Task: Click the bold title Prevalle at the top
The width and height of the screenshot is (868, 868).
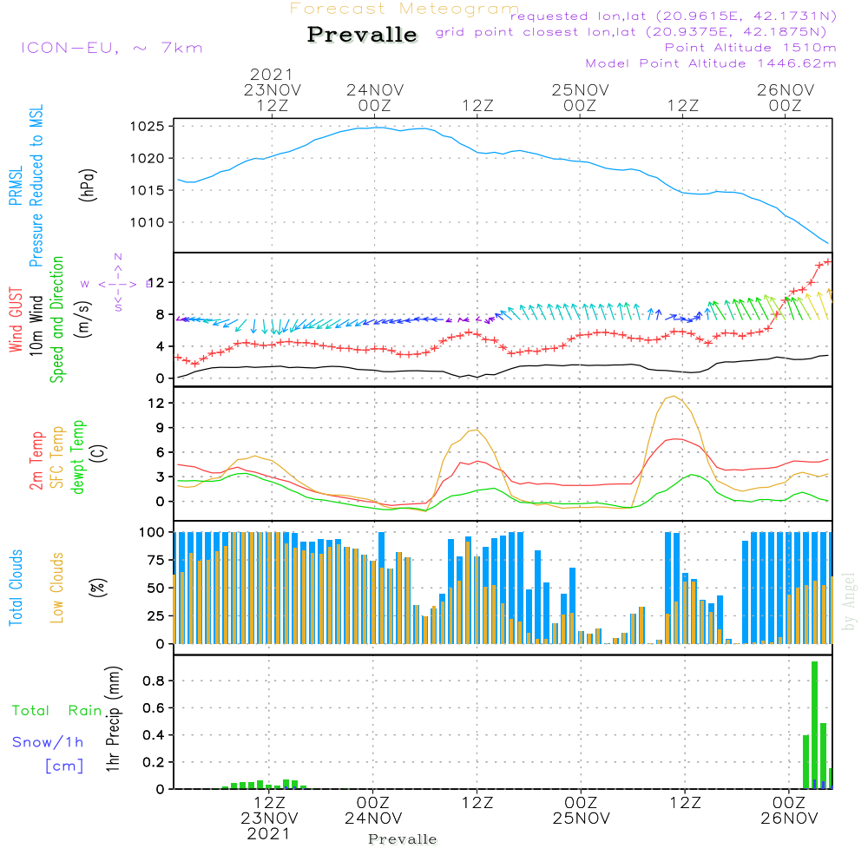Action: point(362,35)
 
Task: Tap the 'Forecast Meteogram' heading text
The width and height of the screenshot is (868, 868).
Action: point(404,9)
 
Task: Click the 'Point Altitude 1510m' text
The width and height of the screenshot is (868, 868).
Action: point(750,48)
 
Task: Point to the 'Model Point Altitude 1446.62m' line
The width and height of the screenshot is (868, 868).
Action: point(710,63)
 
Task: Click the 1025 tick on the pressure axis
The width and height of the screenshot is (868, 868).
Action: point(149,127)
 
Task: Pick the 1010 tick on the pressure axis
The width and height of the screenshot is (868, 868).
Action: point(149,223)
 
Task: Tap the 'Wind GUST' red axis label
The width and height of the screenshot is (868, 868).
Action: point(16,319)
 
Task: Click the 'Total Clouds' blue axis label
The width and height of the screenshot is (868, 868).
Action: point(16,588)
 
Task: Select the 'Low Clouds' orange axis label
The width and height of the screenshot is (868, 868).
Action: point(58,588)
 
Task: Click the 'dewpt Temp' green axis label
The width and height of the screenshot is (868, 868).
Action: point(79,457)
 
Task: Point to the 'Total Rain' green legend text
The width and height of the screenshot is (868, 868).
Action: point(57,711)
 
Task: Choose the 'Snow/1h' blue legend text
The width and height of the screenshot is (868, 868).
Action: point(49,742)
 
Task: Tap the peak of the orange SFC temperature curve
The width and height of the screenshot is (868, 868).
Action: point(672,397)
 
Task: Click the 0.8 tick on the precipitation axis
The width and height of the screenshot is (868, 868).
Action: point(154,681)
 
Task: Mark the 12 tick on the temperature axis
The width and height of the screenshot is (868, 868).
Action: point(157,404)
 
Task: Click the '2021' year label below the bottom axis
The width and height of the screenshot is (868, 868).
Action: point(269,833)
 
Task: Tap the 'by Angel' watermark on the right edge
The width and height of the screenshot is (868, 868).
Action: point(849,602)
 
